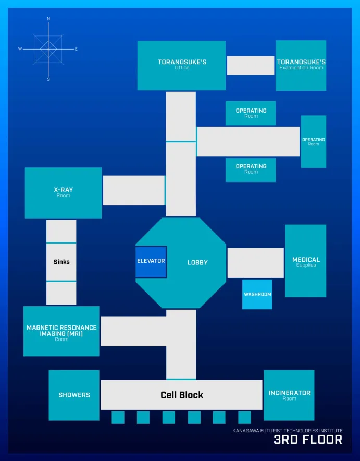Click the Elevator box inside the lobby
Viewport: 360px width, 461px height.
coord(151,262)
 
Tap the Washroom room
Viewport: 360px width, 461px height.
coord(257,295)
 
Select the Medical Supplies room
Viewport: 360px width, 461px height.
coord(306,261)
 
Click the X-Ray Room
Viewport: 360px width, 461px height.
coord(63,193)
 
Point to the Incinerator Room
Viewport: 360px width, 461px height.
coord(289,395)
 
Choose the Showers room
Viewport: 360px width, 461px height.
coord(74,395)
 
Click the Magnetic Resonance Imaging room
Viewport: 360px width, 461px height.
coord(61,331)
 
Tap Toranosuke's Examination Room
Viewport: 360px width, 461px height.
coord(301,65)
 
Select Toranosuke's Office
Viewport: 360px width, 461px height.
coord(182,65)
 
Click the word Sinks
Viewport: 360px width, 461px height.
coord(61,262)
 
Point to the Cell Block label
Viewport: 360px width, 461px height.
coord(182,395)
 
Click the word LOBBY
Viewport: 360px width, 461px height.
coord(197,262)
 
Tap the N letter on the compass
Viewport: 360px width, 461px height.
coord(48,19)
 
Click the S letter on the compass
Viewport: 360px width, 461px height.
coord(48,80)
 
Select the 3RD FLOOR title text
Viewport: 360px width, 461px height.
coord(308,440)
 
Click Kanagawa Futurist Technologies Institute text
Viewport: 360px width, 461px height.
coord(288,431)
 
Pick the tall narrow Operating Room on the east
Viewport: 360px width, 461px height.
coord(314,142)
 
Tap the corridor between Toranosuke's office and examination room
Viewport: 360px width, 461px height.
coord(251,65)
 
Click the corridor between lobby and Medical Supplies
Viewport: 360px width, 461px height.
coord(255,263)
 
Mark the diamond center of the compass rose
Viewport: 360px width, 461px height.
coord(48,49)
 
